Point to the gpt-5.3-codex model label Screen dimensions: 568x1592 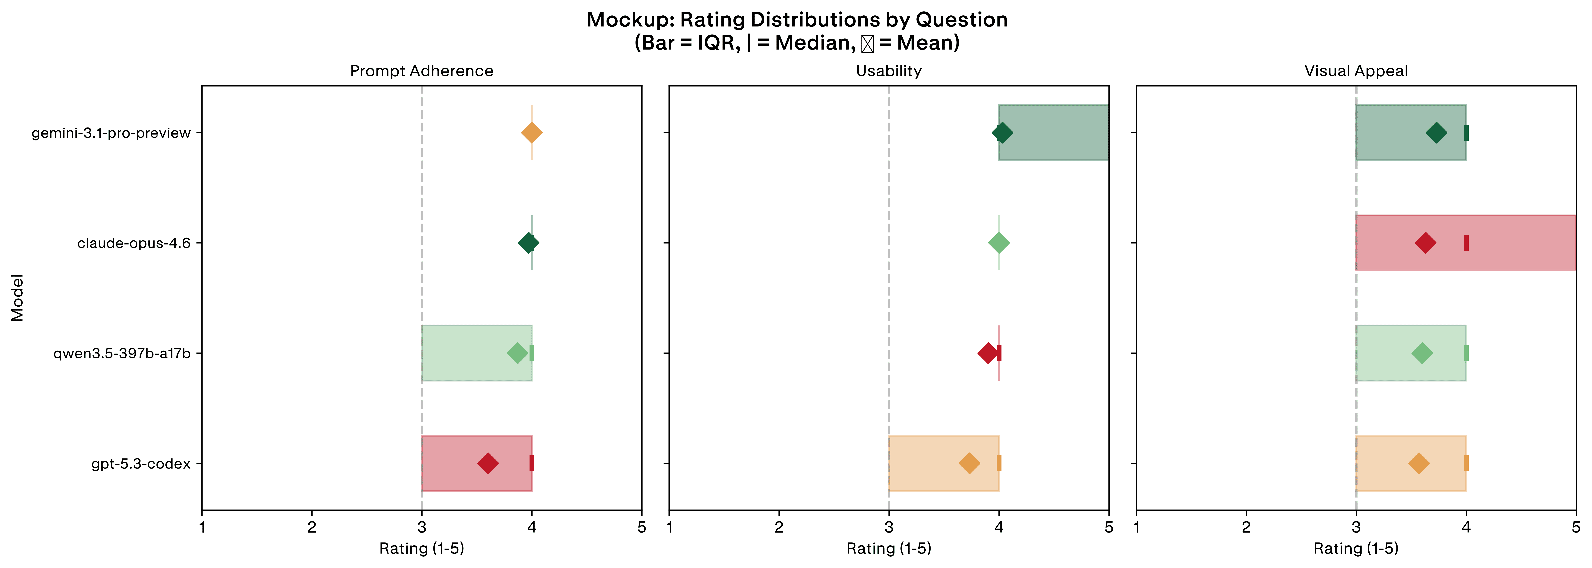pyautogui.click(x=141, y=464)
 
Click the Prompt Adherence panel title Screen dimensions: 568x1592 pyautogui.click(x=421, y=71)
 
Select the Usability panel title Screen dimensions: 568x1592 pyautogui.click(x=889, y=71)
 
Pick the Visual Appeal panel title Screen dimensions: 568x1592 pyautogui.click(x=1356, y=71)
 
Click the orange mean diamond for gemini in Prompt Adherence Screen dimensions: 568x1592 pyautogui.click(x=531, y=133)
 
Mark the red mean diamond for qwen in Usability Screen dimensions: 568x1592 pyautogui.click(x=988, y=353)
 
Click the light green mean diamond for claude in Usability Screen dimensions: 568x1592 pyautogui.click(x=999, y=243)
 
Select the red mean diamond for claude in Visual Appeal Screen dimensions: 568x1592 pyautogui.click(x=1425, y=243)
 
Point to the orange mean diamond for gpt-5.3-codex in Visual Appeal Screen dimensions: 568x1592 pyautogui.click(x=1419, y=464)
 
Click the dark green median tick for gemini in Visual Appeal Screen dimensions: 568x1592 pyautogui.click(x=1466, y=133)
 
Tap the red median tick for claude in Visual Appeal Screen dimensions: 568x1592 pyautogui.click(x=1466, y=243)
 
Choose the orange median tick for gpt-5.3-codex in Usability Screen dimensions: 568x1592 pyautogui.click(x=999, y=464)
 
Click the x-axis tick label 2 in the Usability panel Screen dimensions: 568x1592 pyautogui.click(x=779, y=527)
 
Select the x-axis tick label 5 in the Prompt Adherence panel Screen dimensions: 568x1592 pyautogui.click(x=641, y=527)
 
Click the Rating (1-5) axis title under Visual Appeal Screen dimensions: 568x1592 pyautogui.click(x=1356, y=548)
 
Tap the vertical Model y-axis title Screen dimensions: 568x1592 pyautogui.click(x=17, y=298)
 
